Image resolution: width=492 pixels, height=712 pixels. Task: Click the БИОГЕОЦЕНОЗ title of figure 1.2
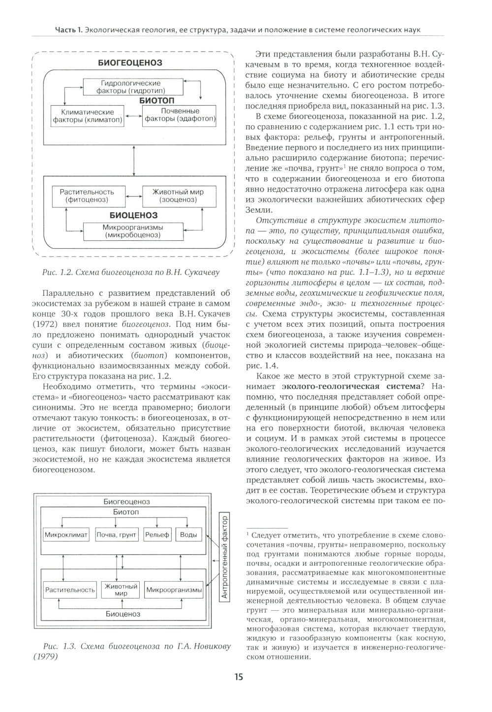pyautogui.click(x=130, y=63)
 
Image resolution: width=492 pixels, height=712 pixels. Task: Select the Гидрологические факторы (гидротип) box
pyautogui.click(x=130, y=87)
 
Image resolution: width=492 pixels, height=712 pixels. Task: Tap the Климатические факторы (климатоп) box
pyautogui.click(x=88, y=116)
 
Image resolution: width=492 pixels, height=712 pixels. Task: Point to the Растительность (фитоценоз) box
pyautogui.click(x=87, y=196)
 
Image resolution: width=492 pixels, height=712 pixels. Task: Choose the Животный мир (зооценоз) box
pyautogui.click(x=178, y=196)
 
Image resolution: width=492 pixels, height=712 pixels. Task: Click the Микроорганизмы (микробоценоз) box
pyautogui.click(x=132, y=231)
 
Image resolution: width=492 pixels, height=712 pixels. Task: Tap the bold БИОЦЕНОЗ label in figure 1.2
pyautogui.click(x=133, y=215)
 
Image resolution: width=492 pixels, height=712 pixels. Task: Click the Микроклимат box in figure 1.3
pyautogui.click(x=66, y=535)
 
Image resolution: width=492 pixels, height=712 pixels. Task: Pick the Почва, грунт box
pyautogui.click(x=116, y=535)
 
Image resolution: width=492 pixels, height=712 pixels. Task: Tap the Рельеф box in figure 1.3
pyautogui.click(x=157, y=535)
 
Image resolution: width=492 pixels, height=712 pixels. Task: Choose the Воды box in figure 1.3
pyautogui.click(x=188, y=535)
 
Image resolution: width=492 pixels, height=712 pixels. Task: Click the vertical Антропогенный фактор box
pyautogui.click(x=224, y=557)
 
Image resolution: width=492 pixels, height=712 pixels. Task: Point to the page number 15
pyautogui.click(x=238, y=677)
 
